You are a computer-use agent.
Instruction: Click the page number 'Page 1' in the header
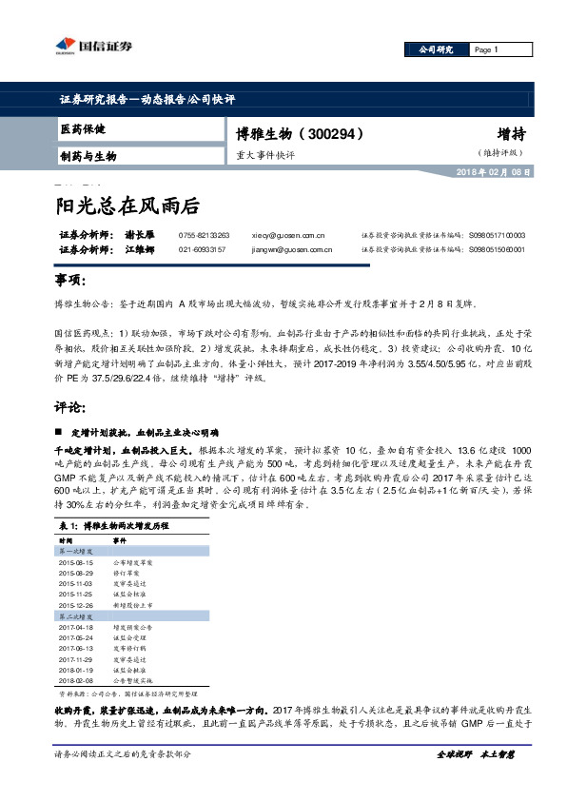pos(485,49)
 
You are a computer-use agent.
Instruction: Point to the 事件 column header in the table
pos(120,539)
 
